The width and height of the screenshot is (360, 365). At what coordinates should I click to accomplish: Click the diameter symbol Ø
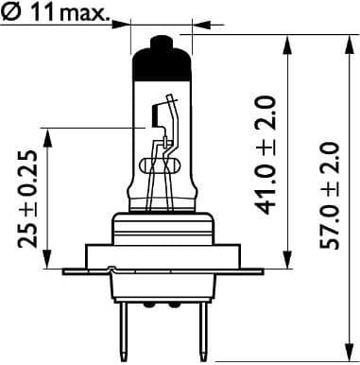(x=13, y=13)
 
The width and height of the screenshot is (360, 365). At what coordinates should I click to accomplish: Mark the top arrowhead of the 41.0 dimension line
(x=283, y=39)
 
